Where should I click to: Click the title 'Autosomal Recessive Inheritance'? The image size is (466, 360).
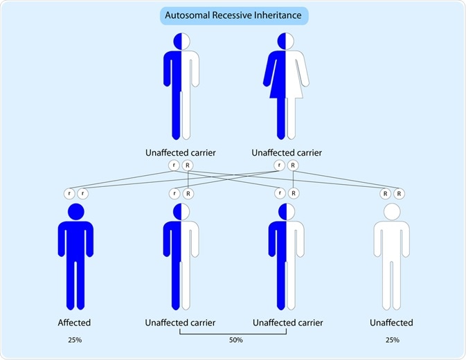point(233,15)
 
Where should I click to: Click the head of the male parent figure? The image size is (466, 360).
point(181,42)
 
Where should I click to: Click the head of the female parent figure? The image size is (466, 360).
point(285,42)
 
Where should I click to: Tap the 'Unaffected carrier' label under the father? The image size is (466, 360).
point(180,152)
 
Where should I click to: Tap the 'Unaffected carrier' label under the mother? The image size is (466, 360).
point(285,152)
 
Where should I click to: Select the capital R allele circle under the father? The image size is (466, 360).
point(188,165)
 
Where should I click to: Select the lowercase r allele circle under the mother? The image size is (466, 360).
point(278,165)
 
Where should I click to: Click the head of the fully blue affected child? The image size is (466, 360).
point(75,213)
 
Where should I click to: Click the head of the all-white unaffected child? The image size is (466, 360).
point(391,213)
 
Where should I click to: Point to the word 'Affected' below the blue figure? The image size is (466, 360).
point(75,323)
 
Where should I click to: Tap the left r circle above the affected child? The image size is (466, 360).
point(69,194)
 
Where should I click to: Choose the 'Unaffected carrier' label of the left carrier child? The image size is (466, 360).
point(180,323)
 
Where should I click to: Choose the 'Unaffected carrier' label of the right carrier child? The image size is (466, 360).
point(285,323)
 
